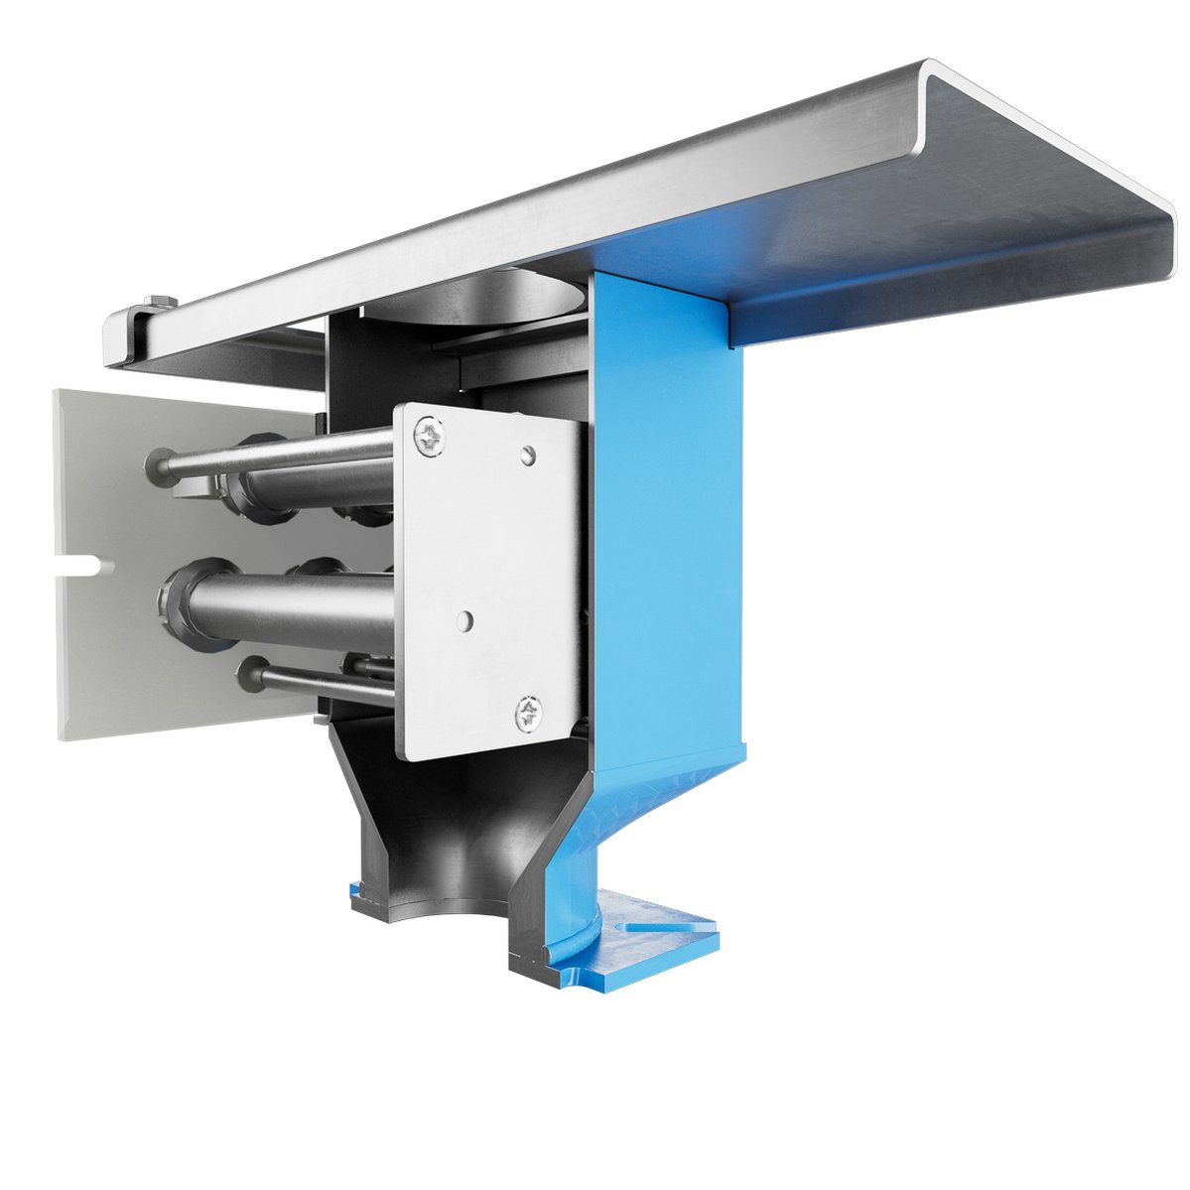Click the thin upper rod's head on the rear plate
[158, 463]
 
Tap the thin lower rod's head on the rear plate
[248, 675]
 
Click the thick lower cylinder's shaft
[298, 608]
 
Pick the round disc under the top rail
[476, 298]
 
